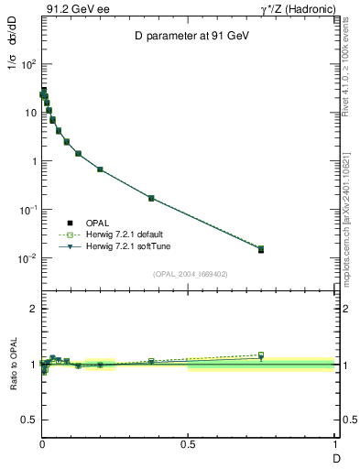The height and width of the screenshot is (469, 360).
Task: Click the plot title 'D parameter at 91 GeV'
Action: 187,36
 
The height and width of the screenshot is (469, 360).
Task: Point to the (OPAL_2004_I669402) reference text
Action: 189,273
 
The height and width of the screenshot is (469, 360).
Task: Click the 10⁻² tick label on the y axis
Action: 26,258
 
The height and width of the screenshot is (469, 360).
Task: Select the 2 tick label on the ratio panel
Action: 33,310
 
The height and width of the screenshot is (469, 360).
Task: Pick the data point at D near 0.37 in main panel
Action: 151,198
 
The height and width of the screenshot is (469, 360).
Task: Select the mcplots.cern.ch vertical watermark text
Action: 349,220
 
